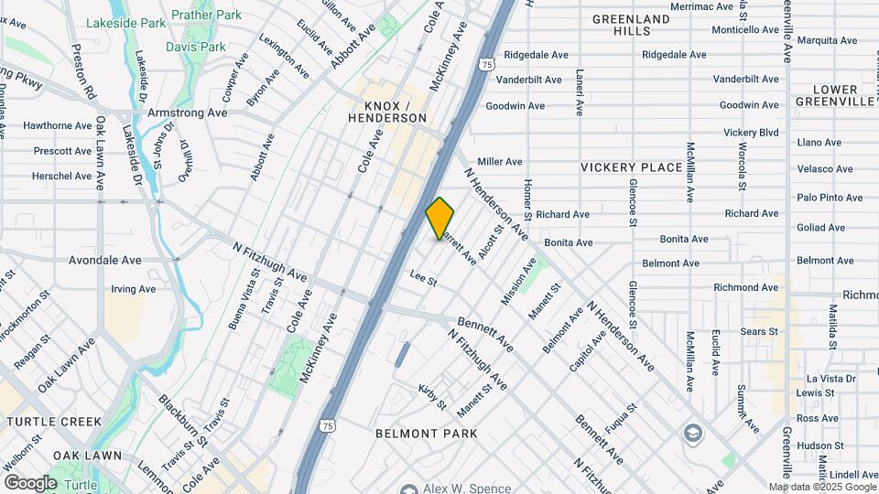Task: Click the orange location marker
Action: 440,219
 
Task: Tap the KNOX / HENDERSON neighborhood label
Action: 388,112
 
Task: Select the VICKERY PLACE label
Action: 632,167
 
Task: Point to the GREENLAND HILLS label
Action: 631,25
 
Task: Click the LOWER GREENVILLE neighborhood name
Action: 835,95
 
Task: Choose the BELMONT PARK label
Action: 427,433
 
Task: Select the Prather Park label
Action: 210,15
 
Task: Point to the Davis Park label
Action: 196,46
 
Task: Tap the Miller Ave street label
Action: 499,162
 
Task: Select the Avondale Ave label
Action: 105,260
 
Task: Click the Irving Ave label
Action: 133,289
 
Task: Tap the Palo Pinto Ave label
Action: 830,198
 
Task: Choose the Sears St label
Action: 759,331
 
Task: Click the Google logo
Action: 29,483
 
